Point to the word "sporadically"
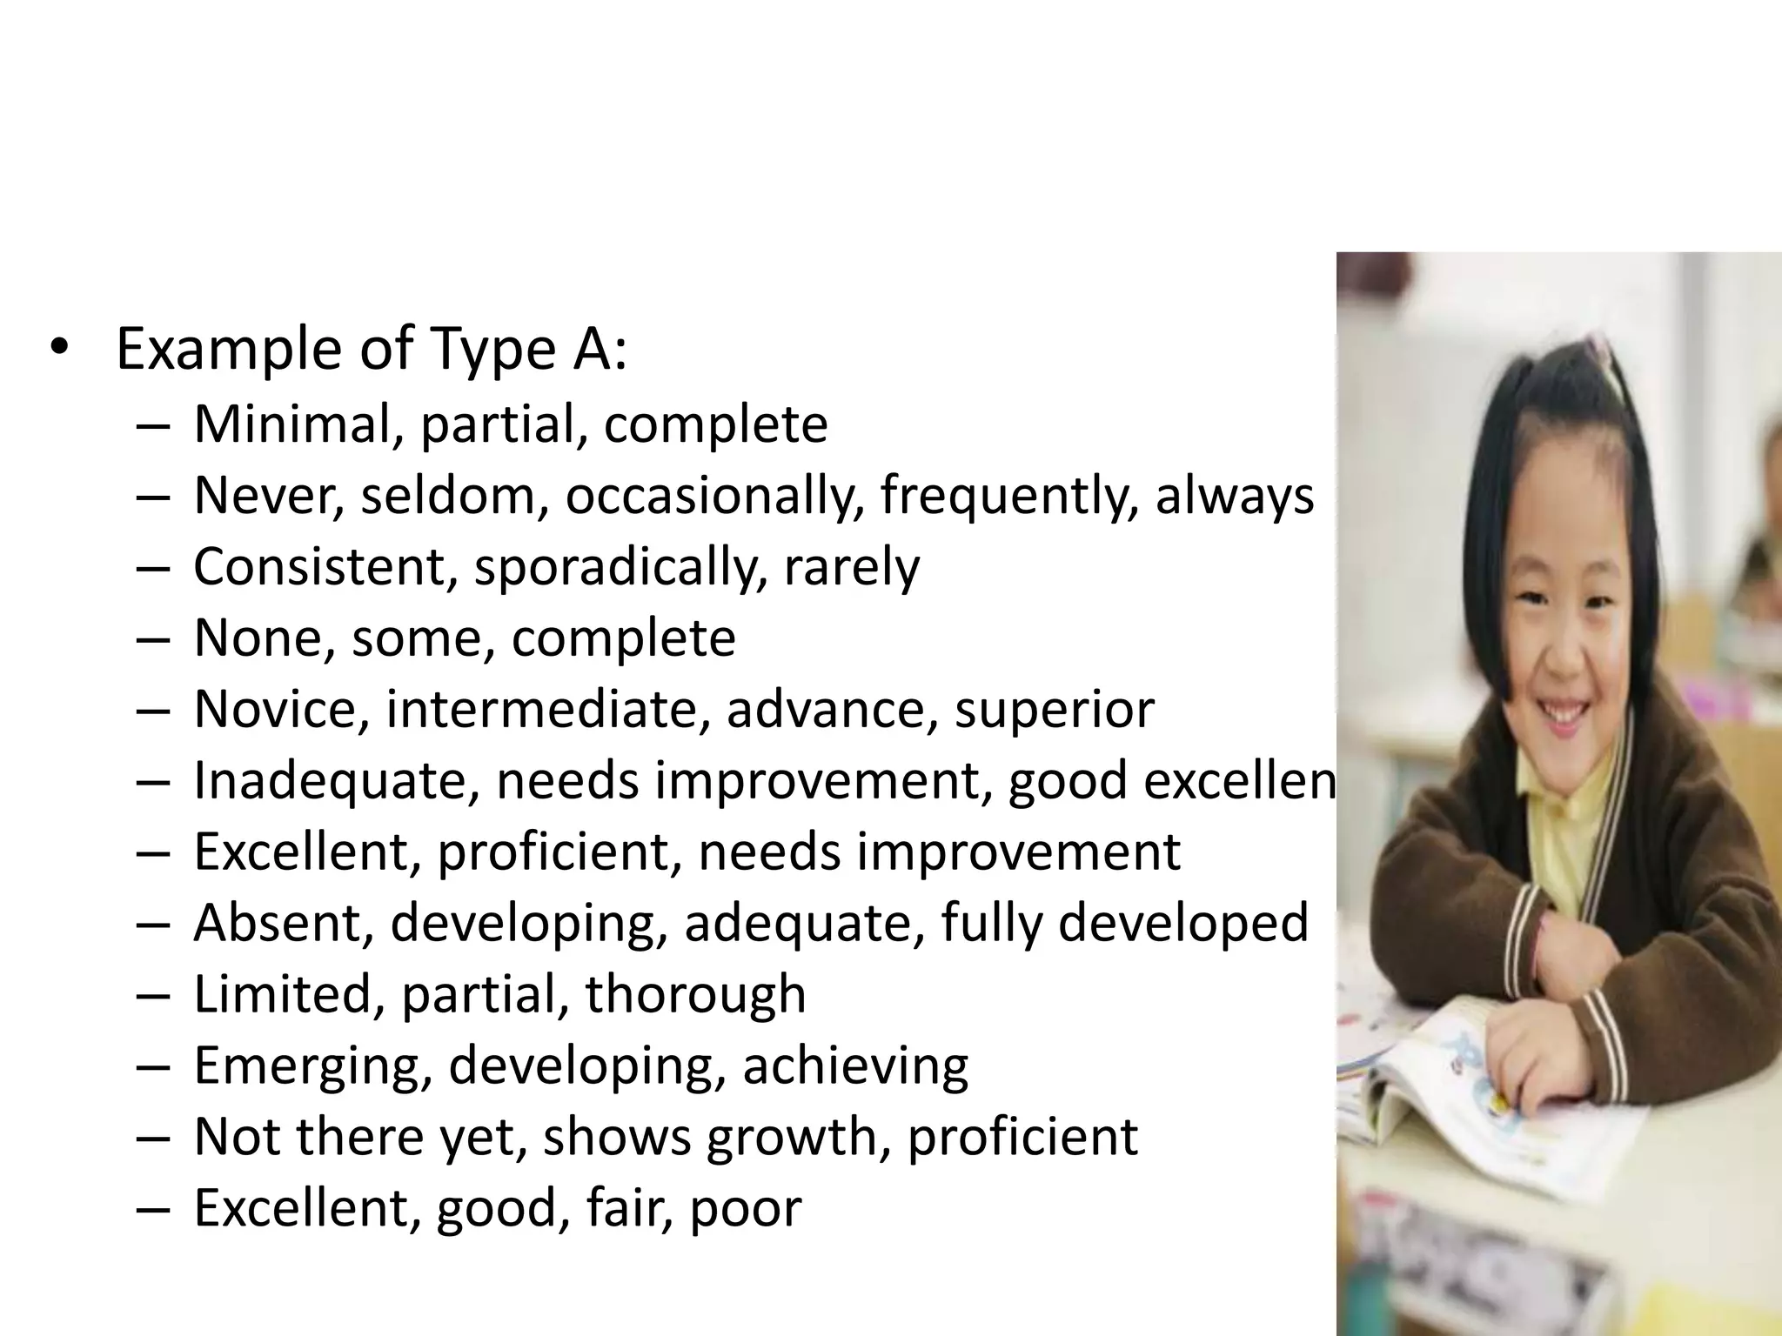click(620, 569)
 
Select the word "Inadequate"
click(336, 781)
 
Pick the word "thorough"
click(695, 994)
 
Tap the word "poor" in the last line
click(745, 1210)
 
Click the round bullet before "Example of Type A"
click(57, 349)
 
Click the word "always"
click(1234, 498)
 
